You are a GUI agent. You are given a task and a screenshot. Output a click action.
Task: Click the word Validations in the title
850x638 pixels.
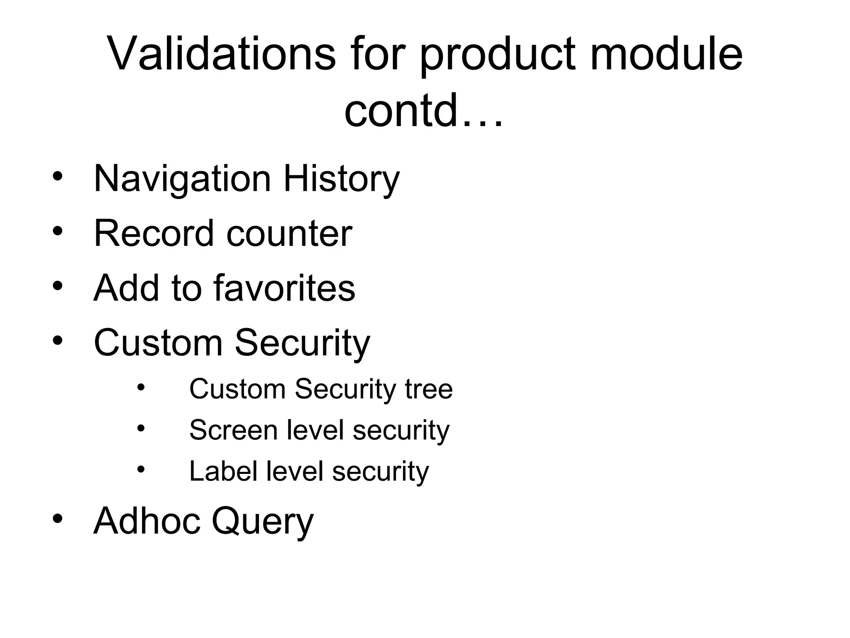pos(221,54)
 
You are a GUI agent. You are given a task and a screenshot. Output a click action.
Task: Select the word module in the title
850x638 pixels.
pos(666,54)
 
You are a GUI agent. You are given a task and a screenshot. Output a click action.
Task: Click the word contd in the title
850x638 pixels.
pos(402,110)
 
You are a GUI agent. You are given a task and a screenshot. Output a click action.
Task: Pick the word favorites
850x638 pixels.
pos(284,287)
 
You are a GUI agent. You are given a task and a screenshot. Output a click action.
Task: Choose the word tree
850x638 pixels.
pos(429,390)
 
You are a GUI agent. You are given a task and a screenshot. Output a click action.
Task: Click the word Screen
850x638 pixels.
pos(233,430)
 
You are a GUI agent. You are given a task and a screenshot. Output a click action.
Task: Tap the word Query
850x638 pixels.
pos(263,522)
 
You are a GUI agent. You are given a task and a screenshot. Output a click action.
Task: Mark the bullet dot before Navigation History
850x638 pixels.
pos(58,177)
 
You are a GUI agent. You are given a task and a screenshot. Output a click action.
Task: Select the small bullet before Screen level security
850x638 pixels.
pos(141,428)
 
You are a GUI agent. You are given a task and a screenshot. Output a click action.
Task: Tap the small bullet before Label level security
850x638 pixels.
pos(141,469)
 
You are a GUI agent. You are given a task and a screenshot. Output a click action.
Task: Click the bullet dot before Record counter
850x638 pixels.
pos(58,231)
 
